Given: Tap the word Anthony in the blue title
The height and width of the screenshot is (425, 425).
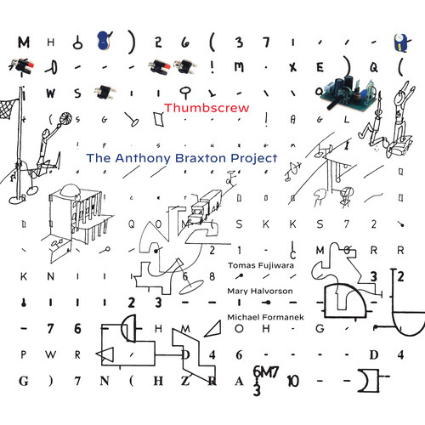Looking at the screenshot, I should (156, 157).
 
